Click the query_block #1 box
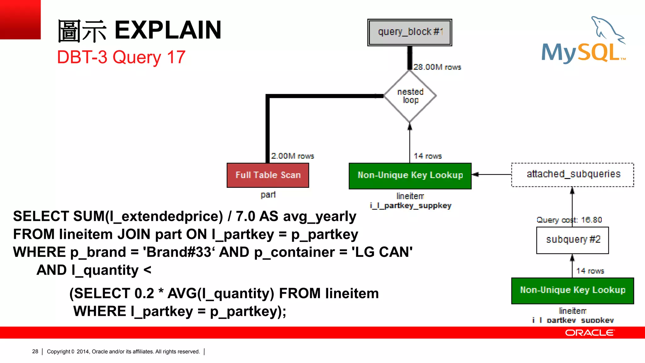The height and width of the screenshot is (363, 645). (409, 32)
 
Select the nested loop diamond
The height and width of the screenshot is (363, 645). (410, 96)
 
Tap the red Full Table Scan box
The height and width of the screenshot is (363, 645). (268, 175)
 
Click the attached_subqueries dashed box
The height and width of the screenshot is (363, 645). (573, 175)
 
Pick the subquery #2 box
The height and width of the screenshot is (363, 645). (573, 240)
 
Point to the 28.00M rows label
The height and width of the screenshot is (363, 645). (437, 67)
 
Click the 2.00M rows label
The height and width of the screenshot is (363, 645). (293, 156)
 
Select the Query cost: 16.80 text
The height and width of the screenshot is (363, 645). (569, 220)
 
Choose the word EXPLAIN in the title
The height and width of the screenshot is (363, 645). (168, 30)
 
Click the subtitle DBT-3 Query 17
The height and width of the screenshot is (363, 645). (121, 57)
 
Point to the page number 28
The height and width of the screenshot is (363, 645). (35, 351)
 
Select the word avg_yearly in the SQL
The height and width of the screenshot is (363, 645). (320, 216)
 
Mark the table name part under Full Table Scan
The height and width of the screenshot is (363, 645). (268, 195)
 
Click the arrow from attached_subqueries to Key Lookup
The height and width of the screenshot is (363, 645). (491, 174)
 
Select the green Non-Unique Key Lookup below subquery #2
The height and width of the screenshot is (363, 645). (573, 290)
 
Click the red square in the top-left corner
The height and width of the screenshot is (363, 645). (20, 20)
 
